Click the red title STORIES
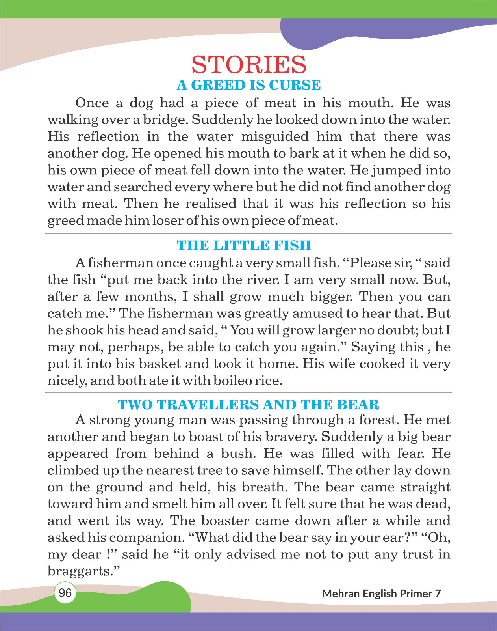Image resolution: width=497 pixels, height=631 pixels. [249, 65]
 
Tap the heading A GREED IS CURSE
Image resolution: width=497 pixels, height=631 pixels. [249, 85]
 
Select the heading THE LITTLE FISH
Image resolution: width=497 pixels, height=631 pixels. [244, 245]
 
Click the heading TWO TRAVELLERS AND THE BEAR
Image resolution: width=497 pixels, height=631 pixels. [248, 405]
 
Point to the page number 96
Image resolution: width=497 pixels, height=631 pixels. [65, 593]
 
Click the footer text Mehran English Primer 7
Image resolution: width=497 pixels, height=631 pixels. [381, 594]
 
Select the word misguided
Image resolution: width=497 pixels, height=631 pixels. [275, 137]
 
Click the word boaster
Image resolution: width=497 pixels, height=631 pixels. [225, 521]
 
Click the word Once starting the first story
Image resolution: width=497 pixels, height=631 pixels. [92, 103]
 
